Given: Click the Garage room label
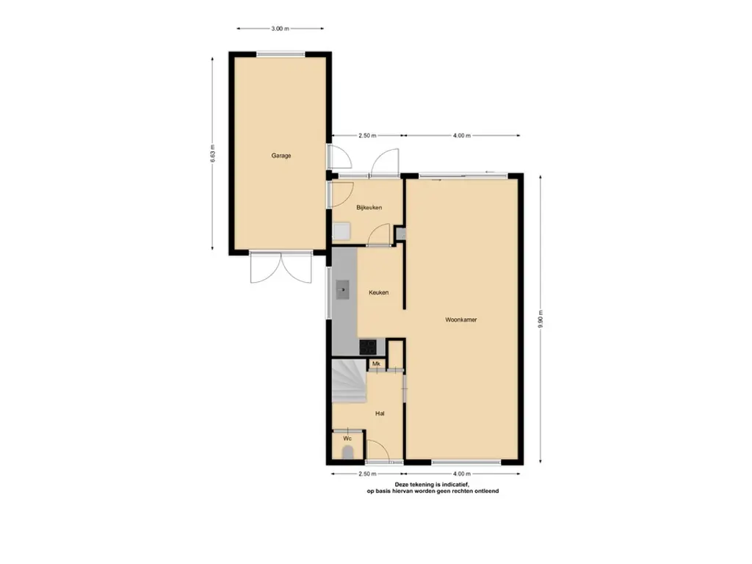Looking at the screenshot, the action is click(x=281, y=156).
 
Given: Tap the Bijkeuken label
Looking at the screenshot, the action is click(x=369, y=208).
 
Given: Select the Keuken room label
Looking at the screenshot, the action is click(x=378, y=292).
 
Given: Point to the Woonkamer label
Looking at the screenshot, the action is click(x=461, y=320).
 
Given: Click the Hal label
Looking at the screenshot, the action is click(x=380, y=413).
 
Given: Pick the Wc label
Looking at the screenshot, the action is click(x=347, y=438).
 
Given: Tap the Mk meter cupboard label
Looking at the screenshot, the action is click(x=376, y=364).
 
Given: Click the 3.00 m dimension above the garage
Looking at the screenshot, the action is click(x=280, y=29).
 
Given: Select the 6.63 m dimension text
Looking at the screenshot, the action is click(x=212, y=153).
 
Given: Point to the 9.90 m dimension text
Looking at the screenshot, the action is click(x=540, y=320).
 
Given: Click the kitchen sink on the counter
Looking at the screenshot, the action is click(x=342, y=289).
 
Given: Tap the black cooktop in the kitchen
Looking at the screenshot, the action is click(x=368, y=347).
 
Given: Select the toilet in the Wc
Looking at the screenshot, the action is click(x=347, y=452).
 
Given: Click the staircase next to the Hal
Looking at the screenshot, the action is click(x=349, y=382).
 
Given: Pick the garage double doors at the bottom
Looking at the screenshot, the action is click(x=281, y=267).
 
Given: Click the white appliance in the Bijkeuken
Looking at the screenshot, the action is click(x=341, y=231).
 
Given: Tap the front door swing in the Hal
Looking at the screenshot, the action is click(x=377, y=451).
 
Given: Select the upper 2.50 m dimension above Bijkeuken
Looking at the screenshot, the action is click(x=367, y=136).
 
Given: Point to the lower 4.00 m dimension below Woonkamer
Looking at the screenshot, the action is click(x=462, y=474).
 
